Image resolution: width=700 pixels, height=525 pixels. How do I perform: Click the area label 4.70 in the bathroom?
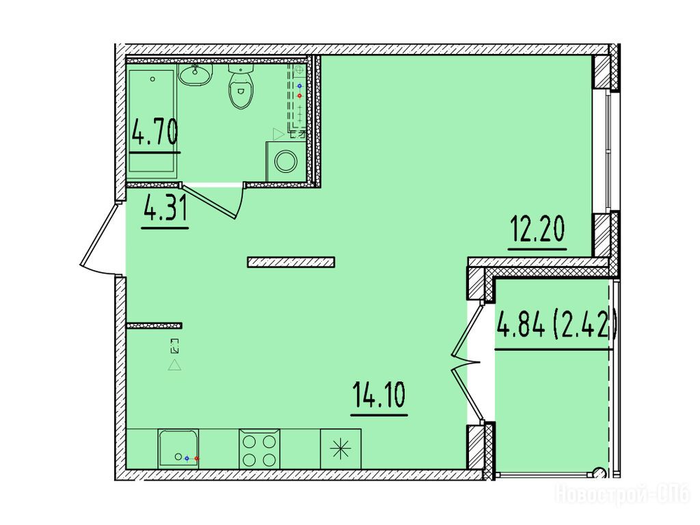tap(155, 132)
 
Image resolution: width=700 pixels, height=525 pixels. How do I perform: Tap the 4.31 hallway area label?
tap(165, 209)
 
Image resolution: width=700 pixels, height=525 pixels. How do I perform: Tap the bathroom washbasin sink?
tap(195, 74)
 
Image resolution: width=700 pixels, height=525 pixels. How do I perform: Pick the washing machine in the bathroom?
tap(286, 161)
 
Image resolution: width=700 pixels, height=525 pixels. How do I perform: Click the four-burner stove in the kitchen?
tap(259, 449)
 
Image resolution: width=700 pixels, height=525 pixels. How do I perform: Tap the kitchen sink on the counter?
tap(178, 449)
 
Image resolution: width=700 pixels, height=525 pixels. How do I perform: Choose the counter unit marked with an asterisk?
tap(340, 449)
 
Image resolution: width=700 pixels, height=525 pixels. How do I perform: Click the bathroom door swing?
tap(214, 201)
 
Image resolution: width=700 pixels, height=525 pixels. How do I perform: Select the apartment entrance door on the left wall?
tap(100, 239)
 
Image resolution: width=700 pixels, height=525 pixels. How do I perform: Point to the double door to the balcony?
tap(467, 362)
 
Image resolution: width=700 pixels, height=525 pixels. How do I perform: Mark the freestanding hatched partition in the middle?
tap(291, 262)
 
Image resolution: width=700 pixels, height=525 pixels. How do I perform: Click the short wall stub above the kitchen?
tap(154, 326)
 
